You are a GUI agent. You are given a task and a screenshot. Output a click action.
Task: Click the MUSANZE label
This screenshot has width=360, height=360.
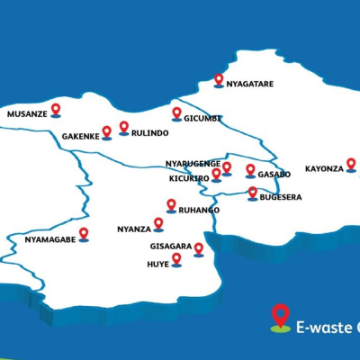click(x=27, y=115)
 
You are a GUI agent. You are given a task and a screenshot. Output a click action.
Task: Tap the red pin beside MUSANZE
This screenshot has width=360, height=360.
click(x=56, y=110)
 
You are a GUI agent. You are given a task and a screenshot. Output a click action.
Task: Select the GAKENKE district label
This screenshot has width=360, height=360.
click(x=80, y=137)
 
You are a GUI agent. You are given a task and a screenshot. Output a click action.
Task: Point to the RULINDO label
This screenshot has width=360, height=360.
click(x=149, y=133)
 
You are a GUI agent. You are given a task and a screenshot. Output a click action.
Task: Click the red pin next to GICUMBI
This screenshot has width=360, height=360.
click(x=176, y=113)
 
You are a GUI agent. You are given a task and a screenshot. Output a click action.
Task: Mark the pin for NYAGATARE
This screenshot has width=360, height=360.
click(x=218, y=80)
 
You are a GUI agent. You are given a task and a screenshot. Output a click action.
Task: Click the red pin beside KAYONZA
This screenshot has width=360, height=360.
click(x=351, y=165)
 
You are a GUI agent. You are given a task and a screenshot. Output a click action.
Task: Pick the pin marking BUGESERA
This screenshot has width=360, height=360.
click(x=252, y=192)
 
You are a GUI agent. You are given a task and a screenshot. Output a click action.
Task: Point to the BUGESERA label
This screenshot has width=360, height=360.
click(x=280, y=197)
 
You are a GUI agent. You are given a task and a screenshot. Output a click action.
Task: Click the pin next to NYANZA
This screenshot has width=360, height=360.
click(x=158, y=223)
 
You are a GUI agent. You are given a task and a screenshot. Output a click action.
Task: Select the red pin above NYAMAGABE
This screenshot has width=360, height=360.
click(x=84, y=233)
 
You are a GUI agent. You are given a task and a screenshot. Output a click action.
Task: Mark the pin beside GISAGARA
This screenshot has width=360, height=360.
click(x=198, y=247)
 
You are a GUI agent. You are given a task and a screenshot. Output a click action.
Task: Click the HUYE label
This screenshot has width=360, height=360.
click(x=157, y=265)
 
